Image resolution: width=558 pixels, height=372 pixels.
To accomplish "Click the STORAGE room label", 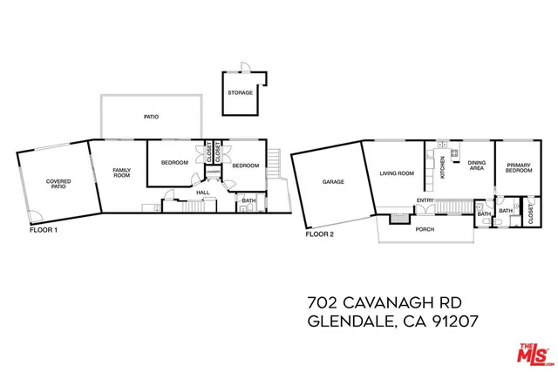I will (240, 92).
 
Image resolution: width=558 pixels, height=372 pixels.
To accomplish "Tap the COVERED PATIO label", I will (58, 184).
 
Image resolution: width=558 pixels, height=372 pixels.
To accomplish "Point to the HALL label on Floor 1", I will (202, 193).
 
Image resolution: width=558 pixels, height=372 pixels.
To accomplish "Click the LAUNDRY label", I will (213, 181).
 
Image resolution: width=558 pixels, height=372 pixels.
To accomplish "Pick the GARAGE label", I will (333, 182).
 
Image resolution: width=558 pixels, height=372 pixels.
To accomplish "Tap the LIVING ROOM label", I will (396, 173).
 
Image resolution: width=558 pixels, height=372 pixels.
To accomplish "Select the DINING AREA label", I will (476, 165).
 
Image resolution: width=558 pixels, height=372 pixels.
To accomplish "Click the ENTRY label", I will (425, 201).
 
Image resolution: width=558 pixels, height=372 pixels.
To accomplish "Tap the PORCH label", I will (425, 229).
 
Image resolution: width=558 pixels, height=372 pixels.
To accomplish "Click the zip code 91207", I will (453, 321).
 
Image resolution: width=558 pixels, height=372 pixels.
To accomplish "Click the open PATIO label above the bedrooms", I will (151, 116).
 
